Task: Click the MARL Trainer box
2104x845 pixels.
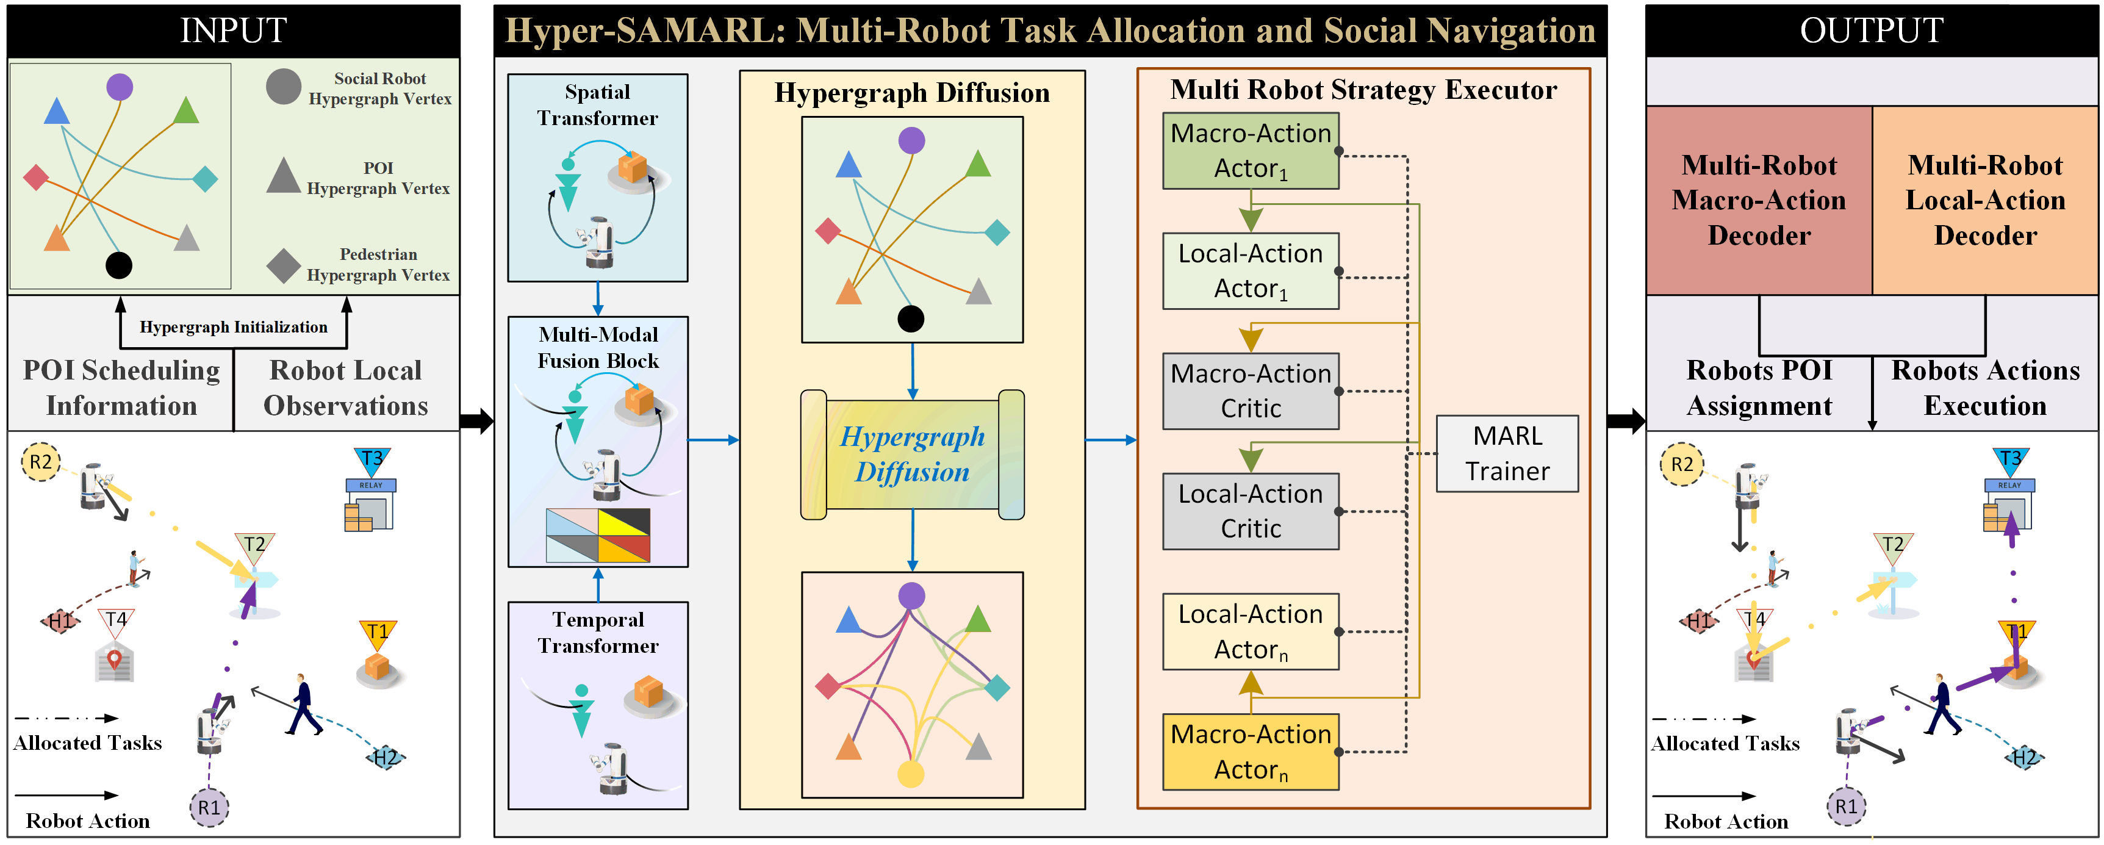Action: [1506, 453]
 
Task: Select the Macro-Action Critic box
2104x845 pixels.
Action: [1250, 390]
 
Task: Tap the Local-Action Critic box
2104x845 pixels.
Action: [1250, 511]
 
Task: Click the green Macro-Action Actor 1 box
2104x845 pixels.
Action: [1250, 150]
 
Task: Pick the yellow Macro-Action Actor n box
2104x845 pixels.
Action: [1250, 751]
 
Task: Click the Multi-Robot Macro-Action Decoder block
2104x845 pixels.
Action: [1759, 200]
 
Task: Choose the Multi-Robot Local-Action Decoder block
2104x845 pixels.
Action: [1985, 200]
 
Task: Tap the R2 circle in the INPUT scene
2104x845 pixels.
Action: [40, 462]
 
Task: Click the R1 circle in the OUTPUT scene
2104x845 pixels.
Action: [1846, 807]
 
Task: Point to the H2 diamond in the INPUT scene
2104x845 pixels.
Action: [386, 758]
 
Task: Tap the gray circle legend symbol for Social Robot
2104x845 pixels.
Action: [284, 87]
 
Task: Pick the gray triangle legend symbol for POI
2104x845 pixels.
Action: [284, 176]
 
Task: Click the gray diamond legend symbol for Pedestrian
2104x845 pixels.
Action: [284, 265]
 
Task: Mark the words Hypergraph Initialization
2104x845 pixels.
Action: [234, 327]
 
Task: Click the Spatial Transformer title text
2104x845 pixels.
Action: [597, 104]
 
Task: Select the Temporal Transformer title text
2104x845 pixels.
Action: [598, 633]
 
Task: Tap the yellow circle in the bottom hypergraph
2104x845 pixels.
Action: [911, 773]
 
